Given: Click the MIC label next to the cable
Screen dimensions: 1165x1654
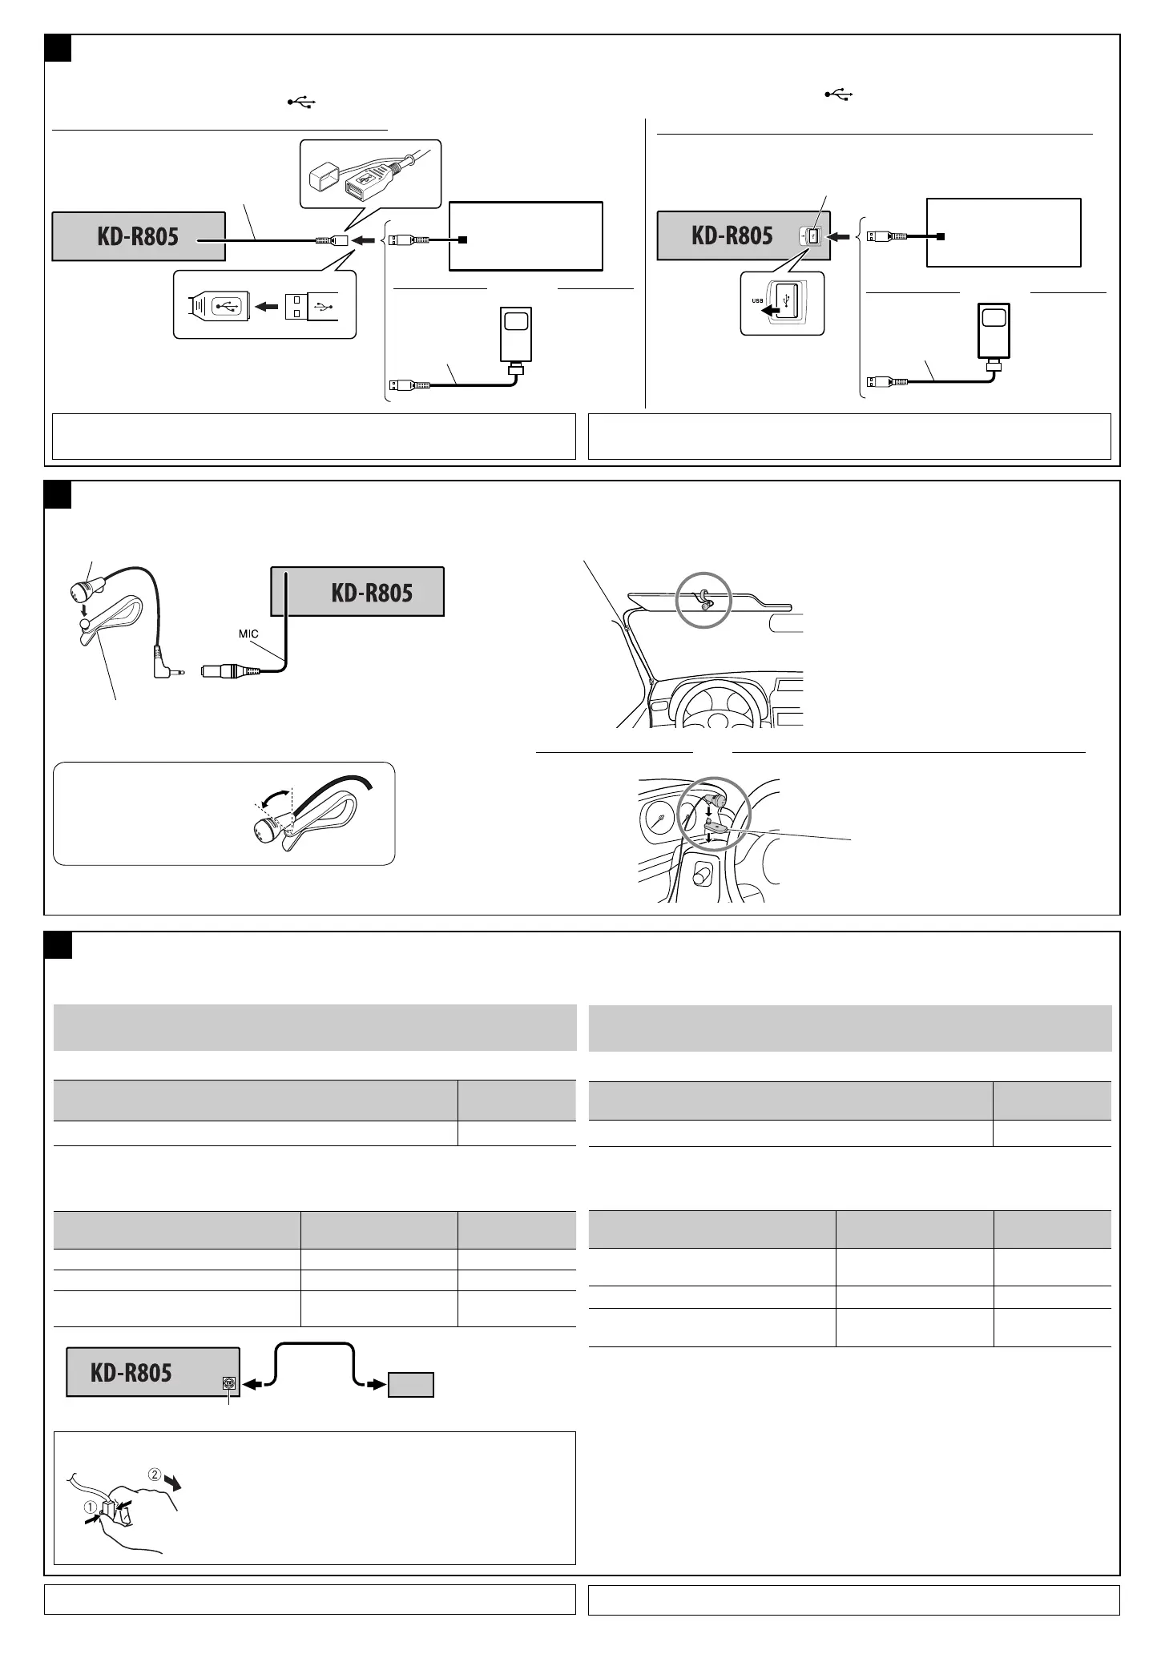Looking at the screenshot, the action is coord(248,634).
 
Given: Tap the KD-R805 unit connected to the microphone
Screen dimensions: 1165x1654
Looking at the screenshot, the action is coord(357,592).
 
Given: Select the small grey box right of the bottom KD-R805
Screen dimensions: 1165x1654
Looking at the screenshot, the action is coord(411,1385).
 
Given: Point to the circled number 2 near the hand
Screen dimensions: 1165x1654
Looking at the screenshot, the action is coord(155,1474).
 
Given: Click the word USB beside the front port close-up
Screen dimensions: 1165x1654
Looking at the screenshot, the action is coord(756,301).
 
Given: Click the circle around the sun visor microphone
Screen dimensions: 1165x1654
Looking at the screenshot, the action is coord(704,598).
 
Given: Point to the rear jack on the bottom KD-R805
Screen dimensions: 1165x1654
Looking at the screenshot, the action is coord(230,1383).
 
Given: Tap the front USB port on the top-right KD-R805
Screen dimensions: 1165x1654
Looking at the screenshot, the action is coord(811,236).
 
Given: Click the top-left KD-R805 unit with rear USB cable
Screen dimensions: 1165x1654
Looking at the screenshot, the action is coord(138,236).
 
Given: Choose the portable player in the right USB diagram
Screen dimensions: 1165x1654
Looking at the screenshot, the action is coord(994,330).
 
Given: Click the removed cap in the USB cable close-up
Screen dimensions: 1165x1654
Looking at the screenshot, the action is coord(320,174).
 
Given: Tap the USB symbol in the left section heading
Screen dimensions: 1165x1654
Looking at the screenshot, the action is coord(302,103).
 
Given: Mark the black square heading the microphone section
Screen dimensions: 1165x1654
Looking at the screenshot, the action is coord(58,494).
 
